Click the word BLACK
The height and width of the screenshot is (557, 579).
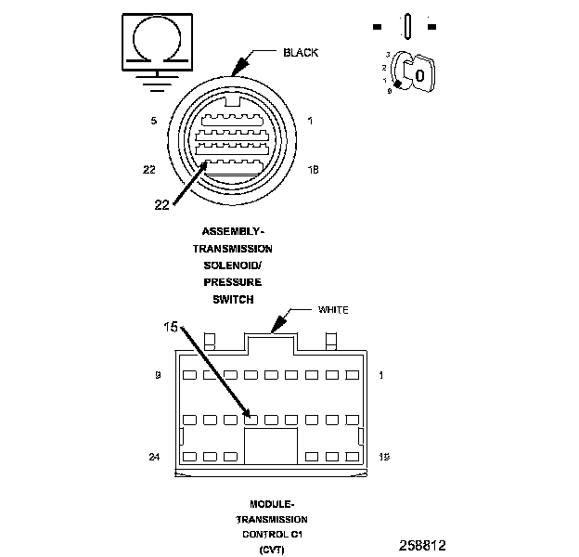click(x=301, y=53)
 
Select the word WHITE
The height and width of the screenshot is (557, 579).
click(x=333, y=309)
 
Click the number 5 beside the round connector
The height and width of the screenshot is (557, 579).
click(x=152, y=121)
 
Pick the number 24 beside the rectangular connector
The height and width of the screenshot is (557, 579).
click(x=155, y=457)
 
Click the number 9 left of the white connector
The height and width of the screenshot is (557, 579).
click(x=158, y=376)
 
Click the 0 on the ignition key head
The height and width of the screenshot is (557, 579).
click(x=419, y=74)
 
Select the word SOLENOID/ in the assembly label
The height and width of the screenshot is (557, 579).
click(x=232, y=266)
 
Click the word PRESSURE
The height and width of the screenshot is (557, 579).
click(x=233, y=282)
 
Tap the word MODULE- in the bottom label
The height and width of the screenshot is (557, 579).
click(x=272, y=503)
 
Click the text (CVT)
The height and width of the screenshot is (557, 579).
click(x=272, y=551)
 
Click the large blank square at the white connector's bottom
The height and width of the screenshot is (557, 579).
click(x=271, y=446)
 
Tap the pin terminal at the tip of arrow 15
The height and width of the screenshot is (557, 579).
click(x=251, y=420)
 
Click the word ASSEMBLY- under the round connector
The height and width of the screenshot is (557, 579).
click(x=232, y=231)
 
